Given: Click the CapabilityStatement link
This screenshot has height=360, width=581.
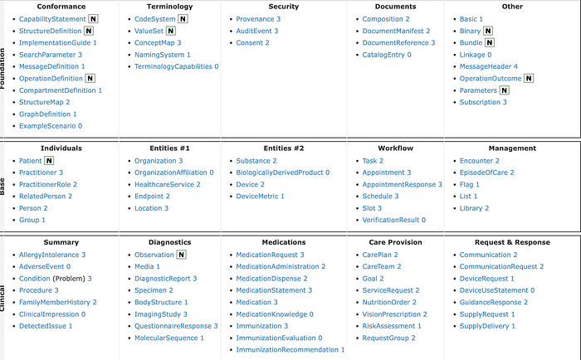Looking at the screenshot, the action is point(51,18).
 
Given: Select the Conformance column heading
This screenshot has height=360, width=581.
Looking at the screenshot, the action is point(61,7).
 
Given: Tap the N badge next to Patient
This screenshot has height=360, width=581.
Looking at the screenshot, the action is point(49,160).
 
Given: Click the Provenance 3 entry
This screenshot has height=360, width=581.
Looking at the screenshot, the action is point(258,18).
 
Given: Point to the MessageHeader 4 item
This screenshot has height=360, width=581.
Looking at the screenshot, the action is point(489,66).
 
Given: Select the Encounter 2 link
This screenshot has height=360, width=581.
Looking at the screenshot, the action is point(480,160).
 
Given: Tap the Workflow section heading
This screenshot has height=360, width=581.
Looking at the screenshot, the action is point(396,148).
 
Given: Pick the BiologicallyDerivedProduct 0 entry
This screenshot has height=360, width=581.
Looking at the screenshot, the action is point(283,173).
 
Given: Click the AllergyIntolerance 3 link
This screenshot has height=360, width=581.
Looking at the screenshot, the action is point(52,255).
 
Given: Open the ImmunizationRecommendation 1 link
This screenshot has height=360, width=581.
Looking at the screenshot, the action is point(290,350).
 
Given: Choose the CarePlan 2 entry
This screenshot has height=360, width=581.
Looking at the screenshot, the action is point(380,255).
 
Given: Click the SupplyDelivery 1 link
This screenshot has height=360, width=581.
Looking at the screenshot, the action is point(488,326).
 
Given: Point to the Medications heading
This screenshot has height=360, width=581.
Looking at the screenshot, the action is point(284,242).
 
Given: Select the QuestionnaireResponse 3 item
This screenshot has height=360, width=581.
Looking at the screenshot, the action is point(176,326).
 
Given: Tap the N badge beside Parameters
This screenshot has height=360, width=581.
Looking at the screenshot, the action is point(504,90).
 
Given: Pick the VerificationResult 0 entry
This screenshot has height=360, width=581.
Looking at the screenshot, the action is point(394,220).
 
